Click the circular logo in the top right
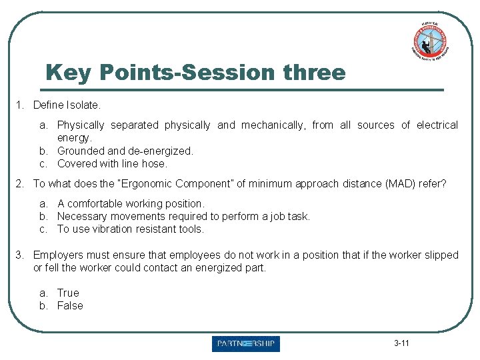[x=429, y=39]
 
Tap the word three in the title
[x=314, y=72]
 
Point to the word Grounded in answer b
[x=81, y=151]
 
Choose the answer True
[x=68, y=293]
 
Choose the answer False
[x=70, y=305]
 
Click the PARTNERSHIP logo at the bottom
[x=245, y=344]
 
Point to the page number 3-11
[x=401, y=343]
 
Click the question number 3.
[x=21, y=255]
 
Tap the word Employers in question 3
[x=58, y=255]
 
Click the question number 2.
[x=21, y=183]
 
